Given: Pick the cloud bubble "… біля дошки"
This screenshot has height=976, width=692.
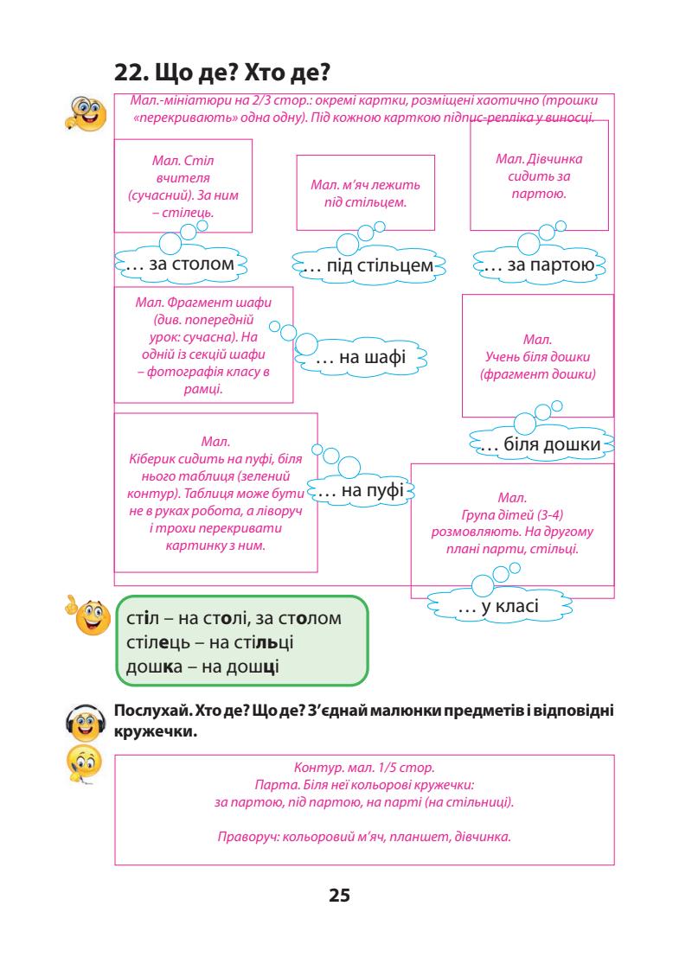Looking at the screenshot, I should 540,445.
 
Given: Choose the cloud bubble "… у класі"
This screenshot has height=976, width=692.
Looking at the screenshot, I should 497,608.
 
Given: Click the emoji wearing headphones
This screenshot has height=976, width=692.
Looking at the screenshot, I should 85,719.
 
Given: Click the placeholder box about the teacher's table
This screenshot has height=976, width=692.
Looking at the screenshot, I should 183,186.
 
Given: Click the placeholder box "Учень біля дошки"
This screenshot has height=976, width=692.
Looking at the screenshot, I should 537,356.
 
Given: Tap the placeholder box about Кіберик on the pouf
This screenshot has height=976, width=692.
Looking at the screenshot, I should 215,493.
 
